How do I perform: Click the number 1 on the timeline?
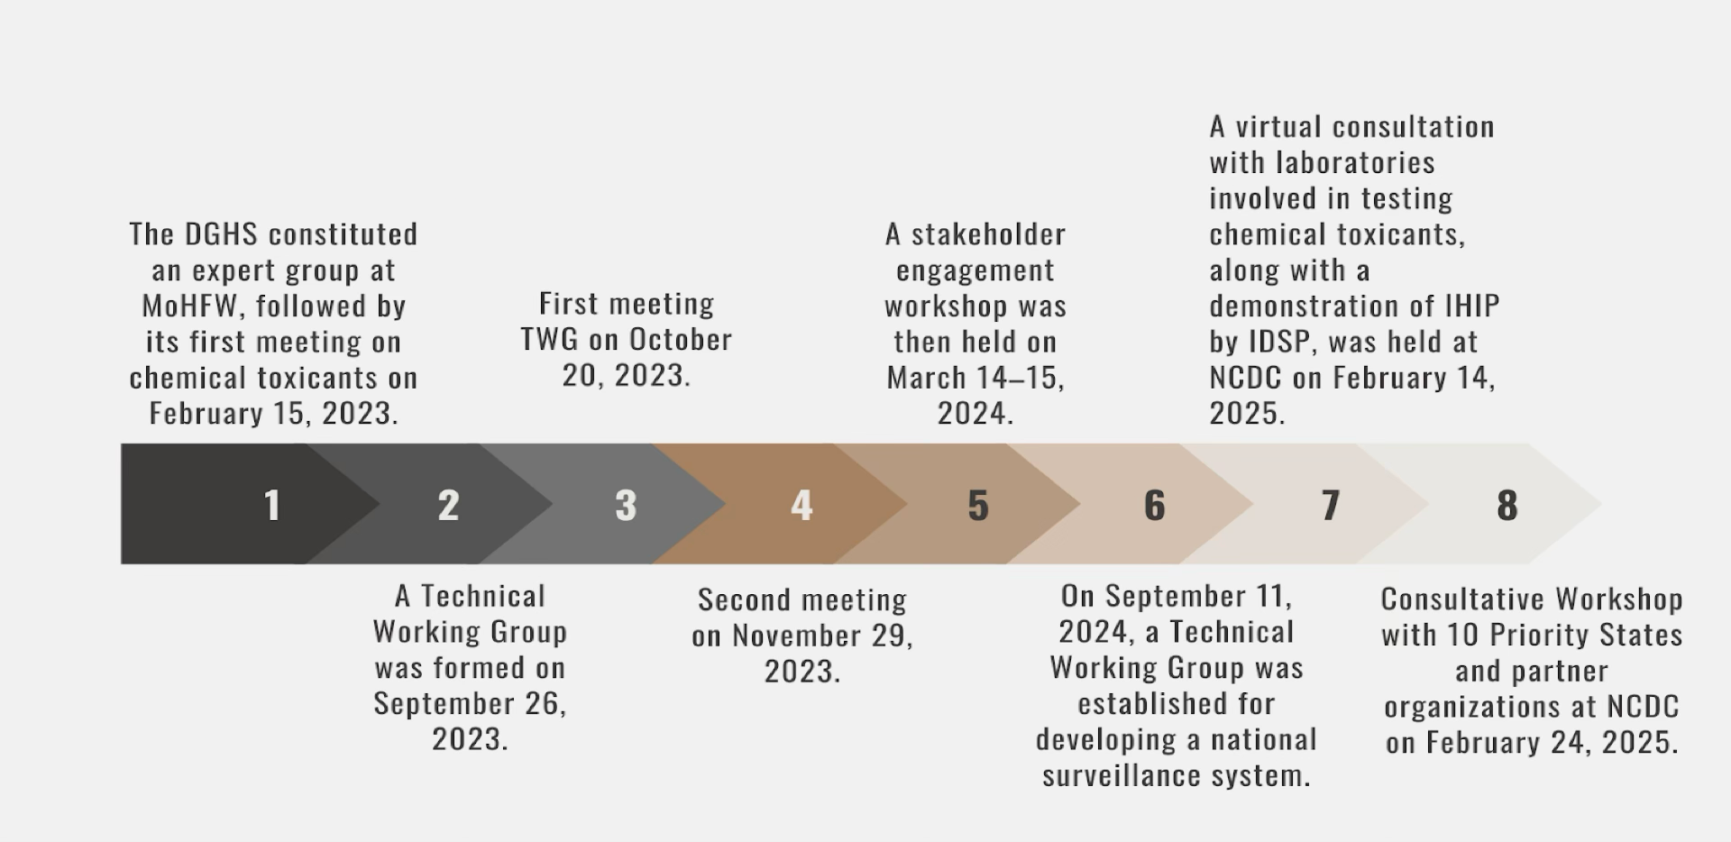272,505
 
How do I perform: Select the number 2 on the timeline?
448,505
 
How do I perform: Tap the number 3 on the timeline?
626,505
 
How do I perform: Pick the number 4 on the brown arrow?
801,505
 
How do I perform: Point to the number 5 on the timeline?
978,505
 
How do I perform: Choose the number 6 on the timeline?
1155,505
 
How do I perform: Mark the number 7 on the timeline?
1331,505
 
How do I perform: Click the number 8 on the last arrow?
1507,505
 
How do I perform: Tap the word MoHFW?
189,306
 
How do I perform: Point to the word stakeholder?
988,234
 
